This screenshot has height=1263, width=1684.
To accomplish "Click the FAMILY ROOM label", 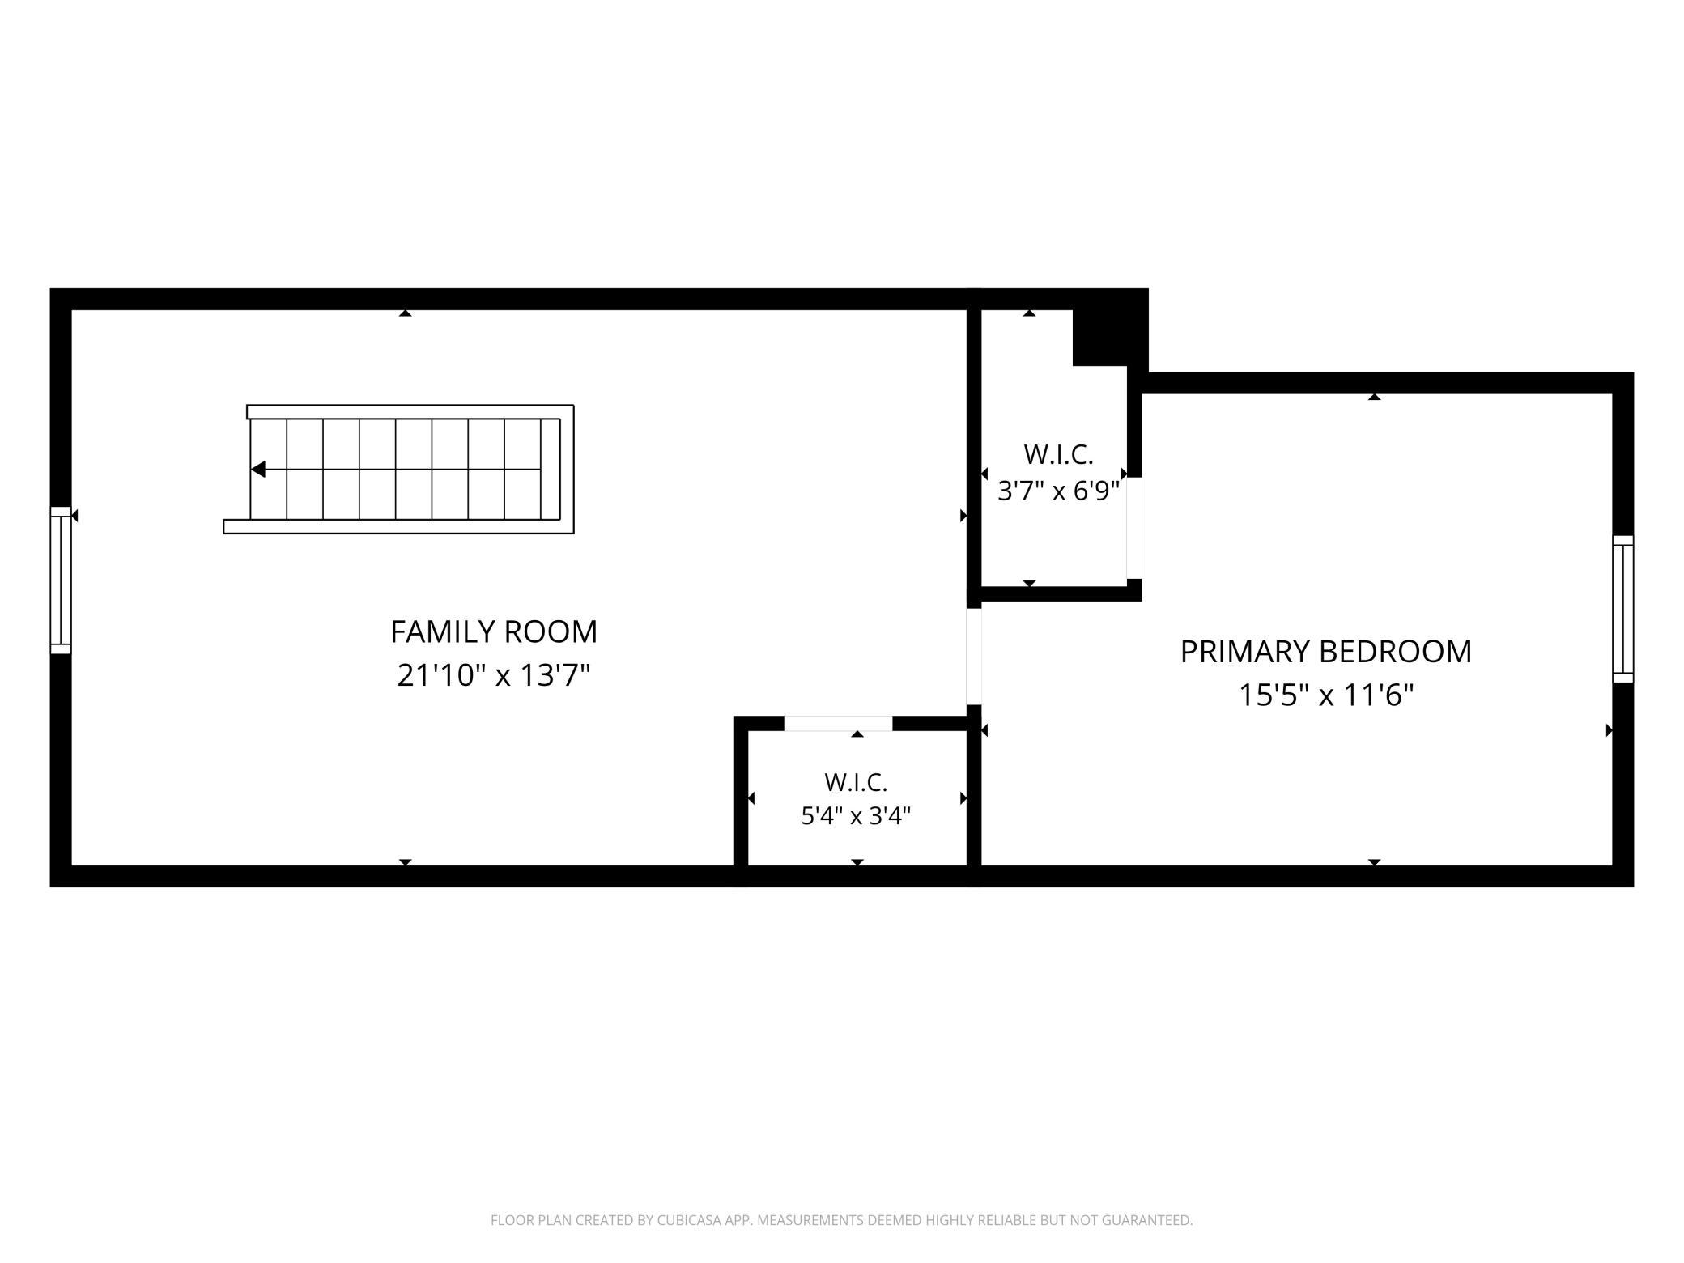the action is tap(494, 631).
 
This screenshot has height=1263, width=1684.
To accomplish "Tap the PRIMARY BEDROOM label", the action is tap(1326, 652).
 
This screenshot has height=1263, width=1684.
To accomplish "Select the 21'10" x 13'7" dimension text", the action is tap(494, 674).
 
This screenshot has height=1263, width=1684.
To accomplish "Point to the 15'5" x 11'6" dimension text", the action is tap(1326, 695).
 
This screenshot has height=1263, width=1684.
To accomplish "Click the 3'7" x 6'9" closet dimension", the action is tap(1058, 491).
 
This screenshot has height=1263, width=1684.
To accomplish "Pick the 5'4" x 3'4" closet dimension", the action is tap(856, 815).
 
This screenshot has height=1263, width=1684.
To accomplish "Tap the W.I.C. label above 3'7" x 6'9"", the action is tap(1058, 455).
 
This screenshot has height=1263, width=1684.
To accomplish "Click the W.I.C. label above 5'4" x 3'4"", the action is tap(856, 783).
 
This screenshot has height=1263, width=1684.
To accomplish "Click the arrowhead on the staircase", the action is tap(258, 470).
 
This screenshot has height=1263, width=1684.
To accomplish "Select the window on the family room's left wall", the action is tap(61, 580).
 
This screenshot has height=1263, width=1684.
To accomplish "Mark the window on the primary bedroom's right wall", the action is tap(1622, 609).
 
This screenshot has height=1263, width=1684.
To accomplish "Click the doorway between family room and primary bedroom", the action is tap(974, 657).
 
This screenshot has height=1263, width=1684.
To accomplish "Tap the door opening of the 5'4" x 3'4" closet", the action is tap(838, 724).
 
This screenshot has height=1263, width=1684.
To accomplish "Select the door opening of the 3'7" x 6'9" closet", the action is tap(1134, 528).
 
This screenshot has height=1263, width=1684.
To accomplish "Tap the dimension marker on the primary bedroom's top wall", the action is tap(1374, 397).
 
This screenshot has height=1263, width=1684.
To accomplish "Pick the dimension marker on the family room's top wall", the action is tap(406, 313).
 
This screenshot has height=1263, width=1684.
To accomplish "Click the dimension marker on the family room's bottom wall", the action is tap(406, 862).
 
